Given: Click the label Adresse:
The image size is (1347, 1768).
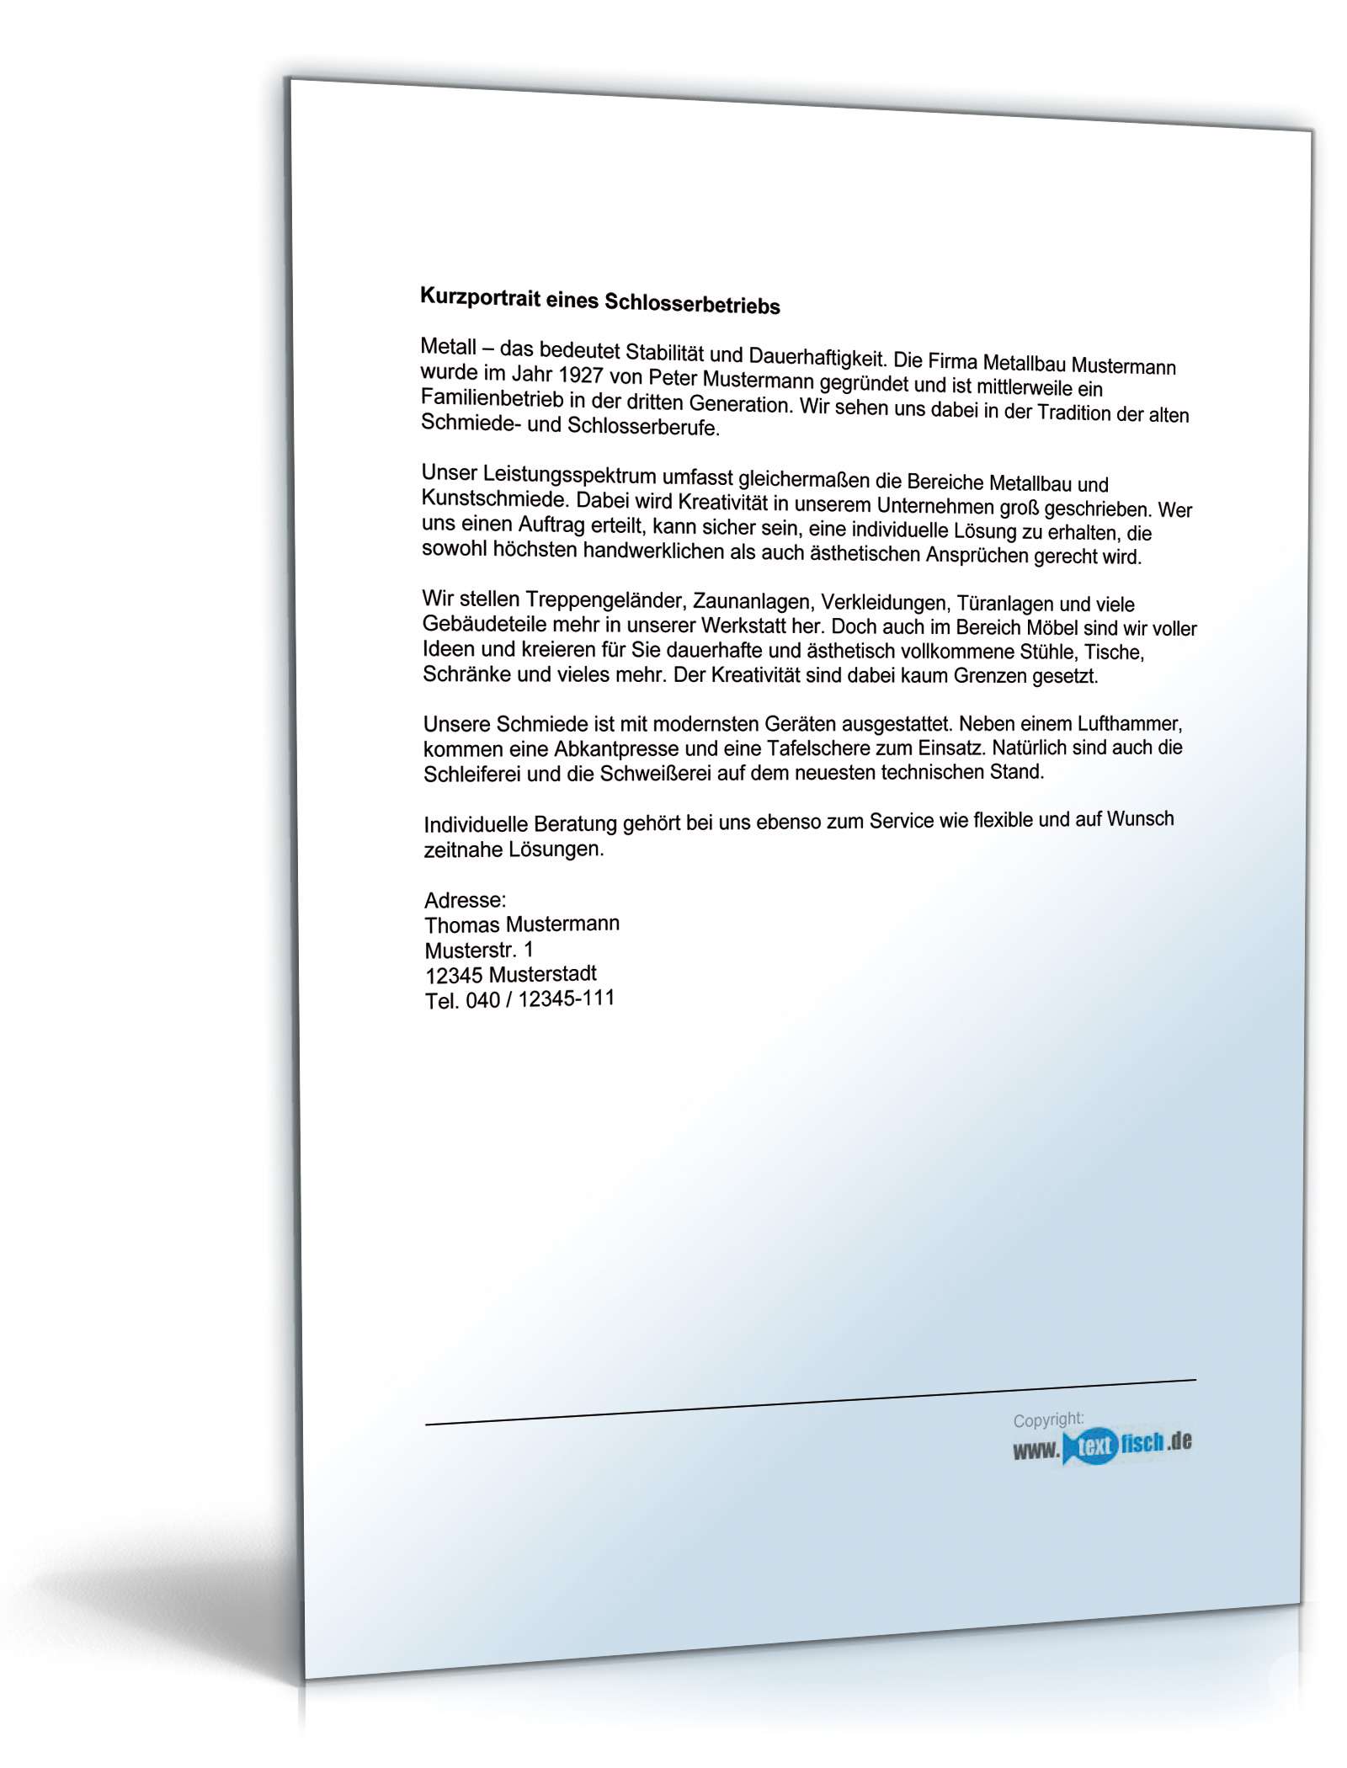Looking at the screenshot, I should click(465, 900).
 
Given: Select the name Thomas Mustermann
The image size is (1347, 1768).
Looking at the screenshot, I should click(522, 924).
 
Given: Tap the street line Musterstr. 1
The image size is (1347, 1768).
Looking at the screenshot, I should click(478, 950).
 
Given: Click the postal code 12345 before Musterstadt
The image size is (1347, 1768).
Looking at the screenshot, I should click(454, 976).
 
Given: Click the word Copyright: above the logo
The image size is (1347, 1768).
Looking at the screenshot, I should click(1048, 1420).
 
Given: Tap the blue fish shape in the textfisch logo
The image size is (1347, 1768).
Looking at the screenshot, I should click(1092, 1446).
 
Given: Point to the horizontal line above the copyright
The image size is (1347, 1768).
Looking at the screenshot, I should click(808, 1402).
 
